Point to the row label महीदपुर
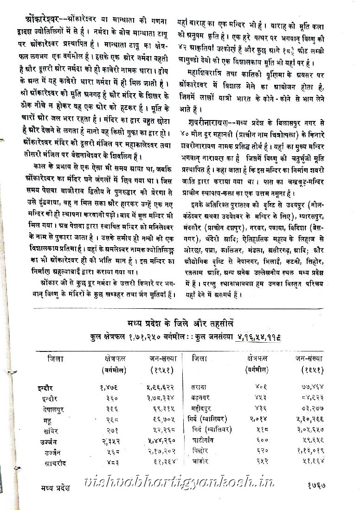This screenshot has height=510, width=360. [204, 409]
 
